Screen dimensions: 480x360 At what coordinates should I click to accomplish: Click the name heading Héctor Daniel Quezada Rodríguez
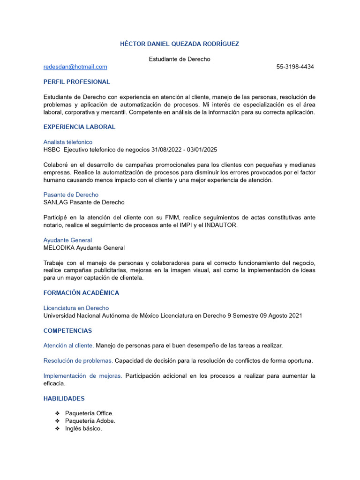(180, 44)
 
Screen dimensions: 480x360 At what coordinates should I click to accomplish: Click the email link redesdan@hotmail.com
(75, 67)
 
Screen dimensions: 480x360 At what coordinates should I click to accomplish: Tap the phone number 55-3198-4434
(295, 67)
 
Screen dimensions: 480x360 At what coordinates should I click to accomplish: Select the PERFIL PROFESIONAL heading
(76, 82)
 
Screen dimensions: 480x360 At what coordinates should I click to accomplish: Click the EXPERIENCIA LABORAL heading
(79, 127)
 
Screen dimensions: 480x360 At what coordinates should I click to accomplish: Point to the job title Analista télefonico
(68, 142)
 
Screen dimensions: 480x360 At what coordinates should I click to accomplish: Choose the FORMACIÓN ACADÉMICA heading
(81, 293)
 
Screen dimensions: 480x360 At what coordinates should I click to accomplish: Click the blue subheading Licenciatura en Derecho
(76, 308)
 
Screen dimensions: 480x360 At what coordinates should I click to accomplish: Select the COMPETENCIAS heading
(67, 331)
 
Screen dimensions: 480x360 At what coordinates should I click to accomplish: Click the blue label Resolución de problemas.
(78, 361)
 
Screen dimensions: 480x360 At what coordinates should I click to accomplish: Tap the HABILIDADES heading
(64, 398)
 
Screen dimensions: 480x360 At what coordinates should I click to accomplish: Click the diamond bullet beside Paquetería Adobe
(57, 421)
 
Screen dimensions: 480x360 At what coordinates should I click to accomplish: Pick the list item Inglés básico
(83, 429)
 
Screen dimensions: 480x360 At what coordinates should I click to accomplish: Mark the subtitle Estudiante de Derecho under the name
(180, 59)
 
